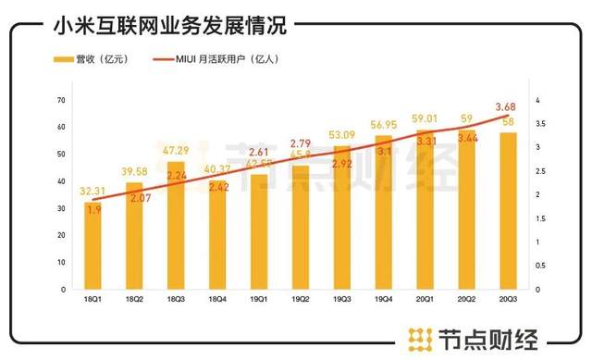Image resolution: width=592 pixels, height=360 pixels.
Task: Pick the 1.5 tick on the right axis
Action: [x=538, y=218]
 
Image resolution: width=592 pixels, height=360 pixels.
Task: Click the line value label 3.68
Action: [x=506, y=106]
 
